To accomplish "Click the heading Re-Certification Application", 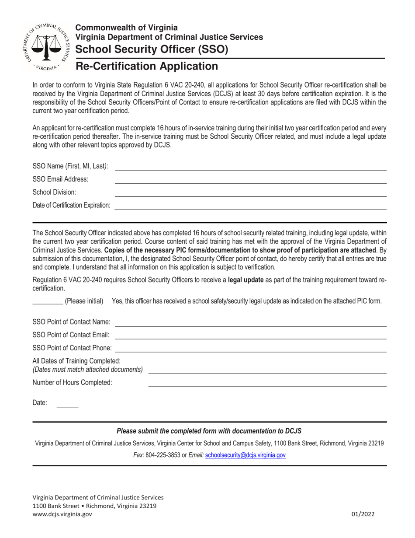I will [x=147, y=66].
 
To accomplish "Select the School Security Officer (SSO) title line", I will [x=152, y=49].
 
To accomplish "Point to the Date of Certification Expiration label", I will [x=72, y=205].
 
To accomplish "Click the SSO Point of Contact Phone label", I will [x=72, y=348].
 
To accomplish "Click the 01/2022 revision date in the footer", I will [x=363, y=515].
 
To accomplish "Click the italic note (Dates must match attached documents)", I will [x=88, y=370].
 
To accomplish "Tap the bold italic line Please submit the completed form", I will [x=209, y=431].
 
